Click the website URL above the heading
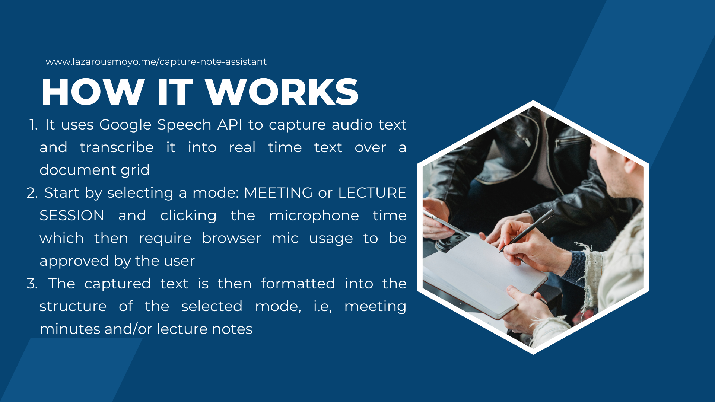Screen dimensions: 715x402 156,61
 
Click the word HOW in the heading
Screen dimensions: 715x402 93,92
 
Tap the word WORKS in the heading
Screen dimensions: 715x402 282,92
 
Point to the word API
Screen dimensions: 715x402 230,124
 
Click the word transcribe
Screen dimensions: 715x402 117,147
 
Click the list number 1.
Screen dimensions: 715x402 34,125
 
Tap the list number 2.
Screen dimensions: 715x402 32,193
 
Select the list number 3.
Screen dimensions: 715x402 32,284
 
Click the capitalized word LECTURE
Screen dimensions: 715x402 372,193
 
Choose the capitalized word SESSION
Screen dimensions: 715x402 72,216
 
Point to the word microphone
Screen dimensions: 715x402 314,216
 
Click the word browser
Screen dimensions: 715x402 231,238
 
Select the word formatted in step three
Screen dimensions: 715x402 298,284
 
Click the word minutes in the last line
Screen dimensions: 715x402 70,329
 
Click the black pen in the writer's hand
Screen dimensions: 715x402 527,230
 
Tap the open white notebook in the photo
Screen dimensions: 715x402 484,275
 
